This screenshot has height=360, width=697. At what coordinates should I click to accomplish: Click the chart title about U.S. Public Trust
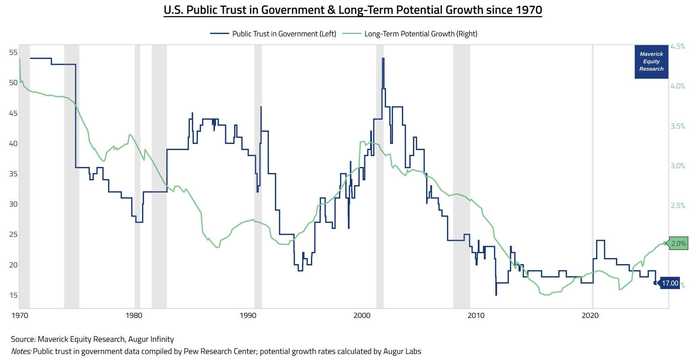point(353,10)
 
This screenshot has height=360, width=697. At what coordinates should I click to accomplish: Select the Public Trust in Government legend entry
point(273,34)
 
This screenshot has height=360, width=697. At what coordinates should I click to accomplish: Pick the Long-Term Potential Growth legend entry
point(410,34)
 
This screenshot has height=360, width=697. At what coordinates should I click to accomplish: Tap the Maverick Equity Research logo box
point(651,62)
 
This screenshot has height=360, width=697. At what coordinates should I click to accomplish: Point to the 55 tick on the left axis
point(13,52)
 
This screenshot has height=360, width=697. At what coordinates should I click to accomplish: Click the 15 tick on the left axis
point(13,295)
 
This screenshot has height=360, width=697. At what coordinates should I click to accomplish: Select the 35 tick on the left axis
point(13,174)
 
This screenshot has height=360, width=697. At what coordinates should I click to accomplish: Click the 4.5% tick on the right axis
point(678,46)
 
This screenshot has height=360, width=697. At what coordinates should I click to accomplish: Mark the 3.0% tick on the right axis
point(678,166)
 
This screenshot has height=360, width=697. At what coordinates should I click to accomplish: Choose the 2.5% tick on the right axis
point(678,206)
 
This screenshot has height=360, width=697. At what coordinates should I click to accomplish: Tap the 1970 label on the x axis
point(20,316)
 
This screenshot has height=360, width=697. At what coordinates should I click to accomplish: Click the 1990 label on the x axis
point(248,316)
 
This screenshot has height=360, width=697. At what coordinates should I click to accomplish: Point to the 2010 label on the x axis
point(476,316)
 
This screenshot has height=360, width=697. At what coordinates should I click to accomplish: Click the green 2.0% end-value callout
point(677,244)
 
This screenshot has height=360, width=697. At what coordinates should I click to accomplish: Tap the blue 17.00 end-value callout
point(669,283)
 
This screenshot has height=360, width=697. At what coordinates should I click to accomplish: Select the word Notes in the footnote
point(22,352)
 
